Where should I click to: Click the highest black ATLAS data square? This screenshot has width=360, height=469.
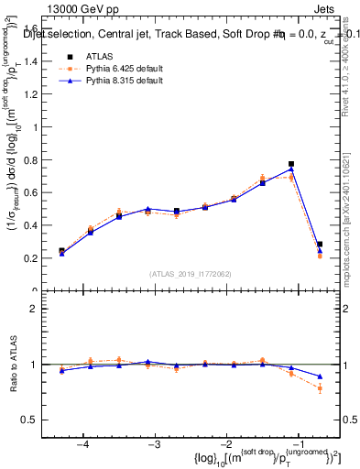click(x=291, y=164)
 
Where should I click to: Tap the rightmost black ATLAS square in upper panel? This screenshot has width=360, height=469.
click(x=320, y=245)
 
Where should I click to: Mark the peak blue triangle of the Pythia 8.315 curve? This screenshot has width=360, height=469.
click(x=291, y=169)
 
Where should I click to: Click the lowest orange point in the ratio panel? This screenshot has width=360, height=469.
click(x=320, y=388)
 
